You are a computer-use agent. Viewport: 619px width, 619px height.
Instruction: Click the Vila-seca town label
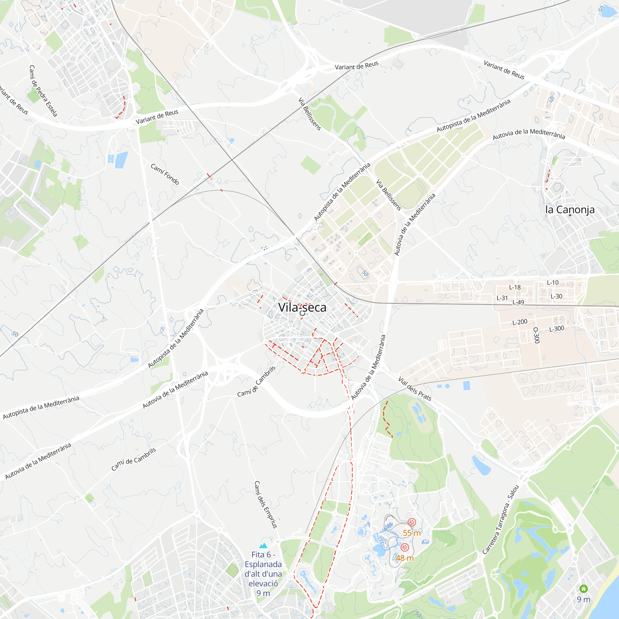point(302,307)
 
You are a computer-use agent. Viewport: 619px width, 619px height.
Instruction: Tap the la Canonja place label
point(570,210)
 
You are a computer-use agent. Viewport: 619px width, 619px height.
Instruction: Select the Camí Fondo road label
point(165,174)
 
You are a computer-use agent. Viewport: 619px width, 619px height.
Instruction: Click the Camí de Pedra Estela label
point(43,91)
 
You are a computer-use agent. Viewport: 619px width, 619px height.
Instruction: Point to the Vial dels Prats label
point(415,389)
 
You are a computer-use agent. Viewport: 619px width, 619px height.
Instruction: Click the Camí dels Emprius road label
point(266,504)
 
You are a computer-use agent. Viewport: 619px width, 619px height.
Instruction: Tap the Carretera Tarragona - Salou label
point(500,520)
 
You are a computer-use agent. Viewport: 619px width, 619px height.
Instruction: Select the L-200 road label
point(520,322)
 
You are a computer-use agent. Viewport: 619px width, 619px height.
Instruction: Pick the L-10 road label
point(553,283)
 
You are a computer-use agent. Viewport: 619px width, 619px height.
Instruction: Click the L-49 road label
point(518,302)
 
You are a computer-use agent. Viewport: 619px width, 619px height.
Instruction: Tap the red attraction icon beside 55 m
point(412,522)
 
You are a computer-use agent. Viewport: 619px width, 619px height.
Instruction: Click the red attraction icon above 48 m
point(405,547)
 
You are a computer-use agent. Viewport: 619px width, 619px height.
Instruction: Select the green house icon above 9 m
point(584,589)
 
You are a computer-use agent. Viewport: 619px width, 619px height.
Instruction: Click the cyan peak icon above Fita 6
point(263,545)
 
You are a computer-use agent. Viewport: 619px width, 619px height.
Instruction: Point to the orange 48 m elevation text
point(405,558)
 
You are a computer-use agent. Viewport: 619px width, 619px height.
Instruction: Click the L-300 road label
point(557,329)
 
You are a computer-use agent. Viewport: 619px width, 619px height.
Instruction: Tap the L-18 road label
point(515,288)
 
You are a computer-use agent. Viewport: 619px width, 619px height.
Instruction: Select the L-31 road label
point(502,298)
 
